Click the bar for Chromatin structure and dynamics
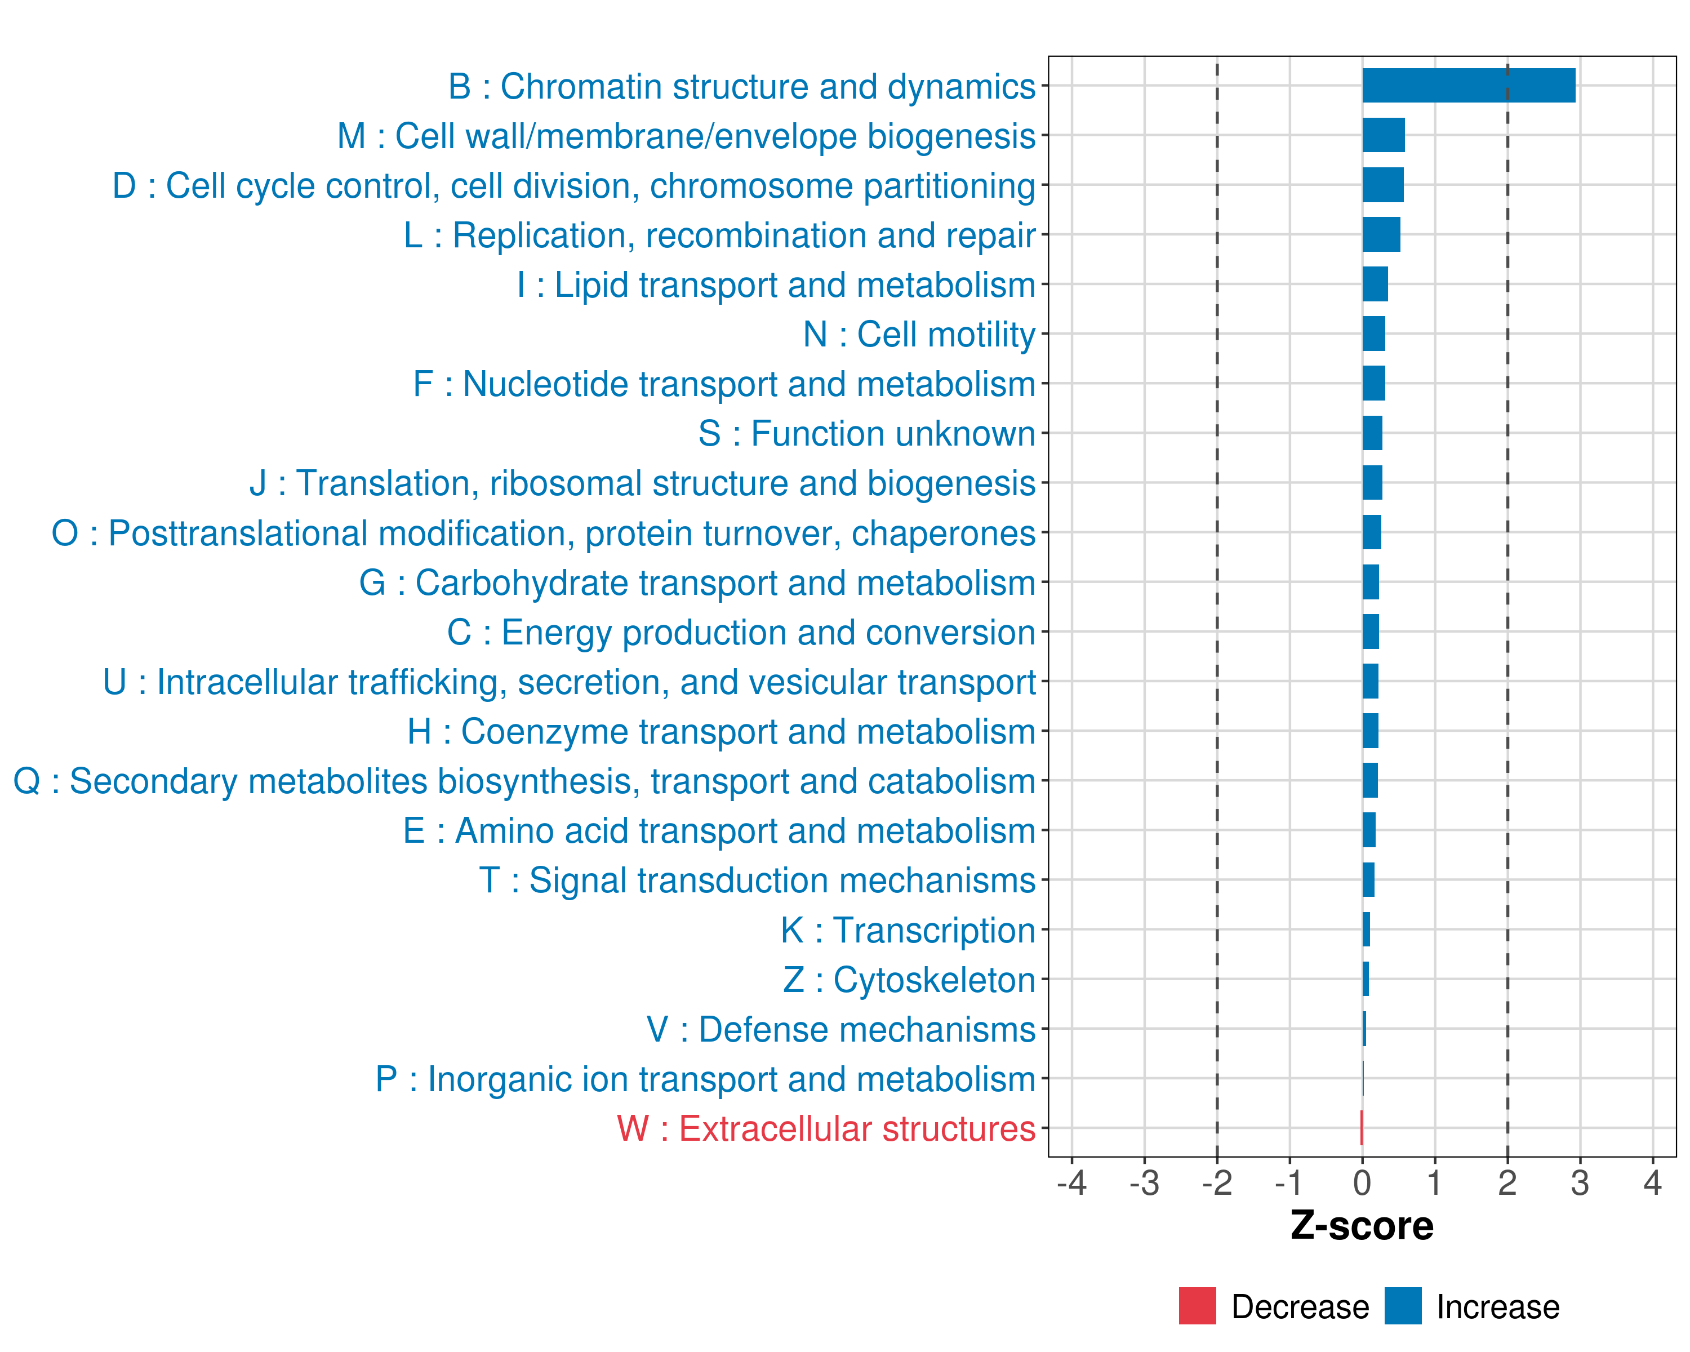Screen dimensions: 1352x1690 click(1468, 86)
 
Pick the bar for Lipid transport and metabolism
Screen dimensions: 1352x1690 click(1375, 284)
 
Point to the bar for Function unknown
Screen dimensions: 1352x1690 click(1372, 433)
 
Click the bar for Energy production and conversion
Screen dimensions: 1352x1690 click(1370, 631)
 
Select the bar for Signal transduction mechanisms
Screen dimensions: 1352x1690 click(1368, 879)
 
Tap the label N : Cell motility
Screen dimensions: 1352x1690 click(919, 335)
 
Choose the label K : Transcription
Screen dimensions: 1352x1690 click(908, 930)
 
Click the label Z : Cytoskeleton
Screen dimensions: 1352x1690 click(909, 980)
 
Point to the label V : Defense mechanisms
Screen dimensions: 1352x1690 click(840, 1030)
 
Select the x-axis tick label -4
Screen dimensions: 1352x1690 click(1071, 1182)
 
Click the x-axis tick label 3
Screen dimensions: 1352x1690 click(1580, 1182)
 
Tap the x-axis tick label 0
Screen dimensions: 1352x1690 click(1362, 1182)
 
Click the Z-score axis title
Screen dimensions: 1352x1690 click(1362, 1225)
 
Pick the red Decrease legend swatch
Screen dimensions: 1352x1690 click(1197, 1306)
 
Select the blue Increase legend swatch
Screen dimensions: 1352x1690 click(1402, 1306)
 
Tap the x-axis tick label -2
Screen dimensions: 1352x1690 click(1217, 1182)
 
